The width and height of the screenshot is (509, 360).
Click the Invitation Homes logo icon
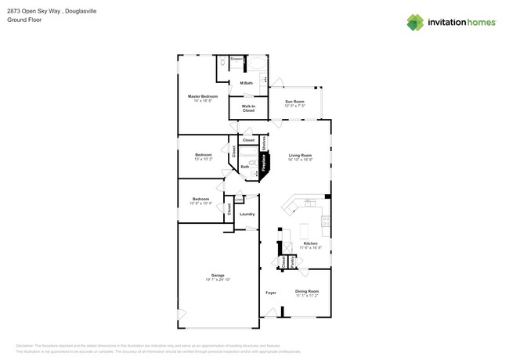coord(415,22)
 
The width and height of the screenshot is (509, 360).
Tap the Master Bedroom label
coord(203,96)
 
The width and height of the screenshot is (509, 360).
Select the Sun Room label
coord(294,102)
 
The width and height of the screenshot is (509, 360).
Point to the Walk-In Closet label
coord(248,108)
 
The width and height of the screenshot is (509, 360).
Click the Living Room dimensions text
coord(300,160)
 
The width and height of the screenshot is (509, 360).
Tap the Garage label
coord(218,275)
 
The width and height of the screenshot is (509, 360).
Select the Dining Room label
coord(307,291)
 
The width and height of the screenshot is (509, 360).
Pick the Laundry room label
coord(247,214)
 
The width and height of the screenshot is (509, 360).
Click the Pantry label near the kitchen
coord(293,262)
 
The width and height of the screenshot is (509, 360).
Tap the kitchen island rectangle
coord(305,231)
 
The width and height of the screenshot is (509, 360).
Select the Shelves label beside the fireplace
coord(264,142)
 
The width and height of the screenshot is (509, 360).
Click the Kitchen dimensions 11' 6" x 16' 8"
coord(310,247)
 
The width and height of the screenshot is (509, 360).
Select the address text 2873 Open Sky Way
coord(30,12)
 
